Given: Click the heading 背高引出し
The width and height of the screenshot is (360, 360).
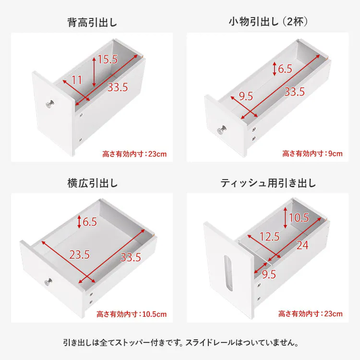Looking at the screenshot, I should pos(92,22).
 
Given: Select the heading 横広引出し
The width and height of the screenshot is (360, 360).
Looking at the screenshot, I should pos(92,183).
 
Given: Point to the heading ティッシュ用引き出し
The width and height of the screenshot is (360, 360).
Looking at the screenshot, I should pos(268,183).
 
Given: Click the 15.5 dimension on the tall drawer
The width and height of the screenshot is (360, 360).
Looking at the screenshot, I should pos(108,60).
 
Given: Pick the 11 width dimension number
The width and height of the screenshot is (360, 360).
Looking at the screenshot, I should pos(77,80).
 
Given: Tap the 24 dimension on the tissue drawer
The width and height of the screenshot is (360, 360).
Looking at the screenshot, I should pos(302,245).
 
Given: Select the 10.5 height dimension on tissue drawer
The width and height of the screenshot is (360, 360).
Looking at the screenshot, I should pos(299,218).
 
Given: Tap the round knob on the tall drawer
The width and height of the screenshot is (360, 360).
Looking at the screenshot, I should pos(49,103).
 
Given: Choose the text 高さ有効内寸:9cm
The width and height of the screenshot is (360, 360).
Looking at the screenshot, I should pos(312,154).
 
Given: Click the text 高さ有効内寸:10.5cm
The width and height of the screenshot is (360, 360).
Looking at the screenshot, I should pos(132,314).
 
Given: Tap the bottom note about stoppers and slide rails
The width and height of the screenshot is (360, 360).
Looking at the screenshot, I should pos(180,343).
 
